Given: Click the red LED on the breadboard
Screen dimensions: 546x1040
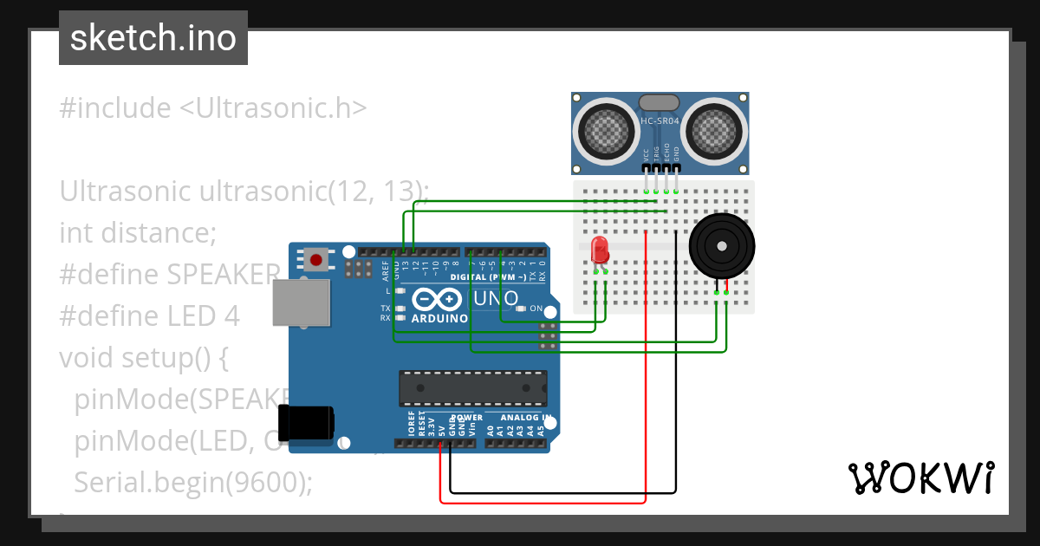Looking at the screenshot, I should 598,251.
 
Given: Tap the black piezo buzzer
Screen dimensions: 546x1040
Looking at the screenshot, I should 721,246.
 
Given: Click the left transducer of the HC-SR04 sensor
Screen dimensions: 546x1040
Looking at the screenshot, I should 607,130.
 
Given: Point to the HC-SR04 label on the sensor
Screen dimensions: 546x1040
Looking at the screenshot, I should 660,122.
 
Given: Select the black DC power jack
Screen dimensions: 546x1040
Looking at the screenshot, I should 310,422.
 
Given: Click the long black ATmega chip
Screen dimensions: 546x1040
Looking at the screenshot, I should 473,388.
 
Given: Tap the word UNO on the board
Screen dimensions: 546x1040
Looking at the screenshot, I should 496,299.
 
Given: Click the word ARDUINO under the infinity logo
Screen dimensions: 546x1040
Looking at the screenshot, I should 439,318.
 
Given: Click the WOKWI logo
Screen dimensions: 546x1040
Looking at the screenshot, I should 920,478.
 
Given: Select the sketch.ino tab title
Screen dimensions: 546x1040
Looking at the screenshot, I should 153,38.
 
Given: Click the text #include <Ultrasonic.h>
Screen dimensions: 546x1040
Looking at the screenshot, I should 213,108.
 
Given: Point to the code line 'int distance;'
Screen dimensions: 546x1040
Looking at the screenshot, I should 137,233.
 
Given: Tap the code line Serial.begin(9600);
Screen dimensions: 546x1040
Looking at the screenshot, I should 192,483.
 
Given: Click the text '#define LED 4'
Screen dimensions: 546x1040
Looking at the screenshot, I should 149,316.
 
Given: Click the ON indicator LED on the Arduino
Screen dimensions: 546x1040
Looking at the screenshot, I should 521,309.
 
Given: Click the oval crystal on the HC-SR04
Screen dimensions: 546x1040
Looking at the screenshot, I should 660,102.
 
